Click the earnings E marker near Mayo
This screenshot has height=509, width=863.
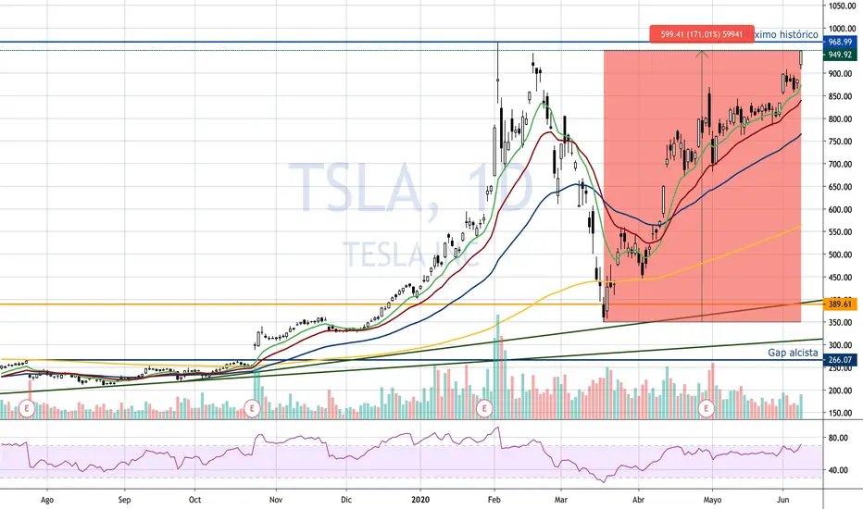tap(707, 407)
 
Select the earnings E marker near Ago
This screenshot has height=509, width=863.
tap(27, 407)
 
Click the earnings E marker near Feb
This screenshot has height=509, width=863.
tap(482, 407)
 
